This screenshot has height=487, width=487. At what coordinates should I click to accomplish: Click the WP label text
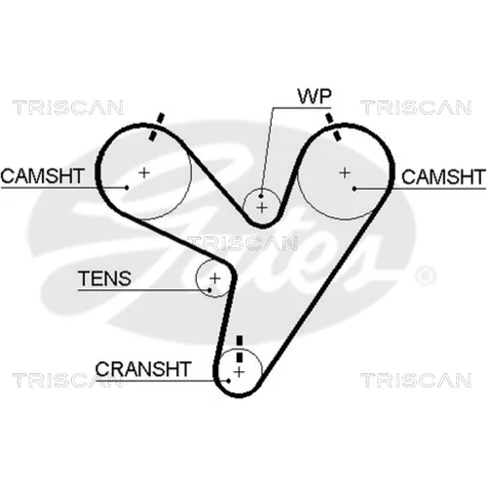315,95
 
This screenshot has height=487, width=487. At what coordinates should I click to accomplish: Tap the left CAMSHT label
43,176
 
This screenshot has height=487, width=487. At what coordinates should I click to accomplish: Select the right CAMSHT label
443,177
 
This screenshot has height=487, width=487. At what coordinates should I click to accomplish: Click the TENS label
104,279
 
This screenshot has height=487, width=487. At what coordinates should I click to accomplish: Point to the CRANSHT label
142,369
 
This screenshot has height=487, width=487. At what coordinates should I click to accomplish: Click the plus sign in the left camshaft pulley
144,172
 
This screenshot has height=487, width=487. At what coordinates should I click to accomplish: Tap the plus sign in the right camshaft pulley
345,172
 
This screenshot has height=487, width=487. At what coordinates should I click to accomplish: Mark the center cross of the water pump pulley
262,207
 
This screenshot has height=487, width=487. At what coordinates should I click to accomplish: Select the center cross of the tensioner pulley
214,279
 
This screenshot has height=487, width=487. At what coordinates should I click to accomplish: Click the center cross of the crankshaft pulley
239,372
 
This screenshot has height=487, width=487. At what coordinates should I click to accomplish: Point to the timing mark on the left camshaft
156,127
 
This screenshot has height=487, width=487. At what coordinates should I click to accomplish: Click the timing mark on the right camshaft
333,127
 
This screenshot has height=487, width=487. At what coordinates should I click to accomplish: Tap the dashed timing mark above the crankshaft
240,349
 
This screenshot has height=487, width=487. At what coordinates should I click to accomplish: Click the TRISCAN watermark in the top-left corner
67,107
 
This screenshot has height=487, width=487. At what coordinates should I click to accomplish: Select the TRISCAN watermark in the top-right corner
416,107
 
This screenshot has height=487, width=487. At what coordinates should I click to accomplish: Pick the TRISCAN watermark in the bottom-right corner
416,380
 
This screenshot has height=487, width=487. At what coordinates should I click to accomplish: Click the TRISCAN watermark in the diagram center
242,243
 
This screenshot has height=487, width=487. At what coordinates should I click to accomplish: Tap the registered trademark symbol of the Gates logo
426,276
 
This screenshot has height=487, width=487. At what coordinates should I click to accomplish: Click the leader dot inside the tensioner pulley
210,290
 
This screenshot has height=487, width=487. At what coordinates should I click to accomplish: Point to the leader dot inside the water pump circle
261,196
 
